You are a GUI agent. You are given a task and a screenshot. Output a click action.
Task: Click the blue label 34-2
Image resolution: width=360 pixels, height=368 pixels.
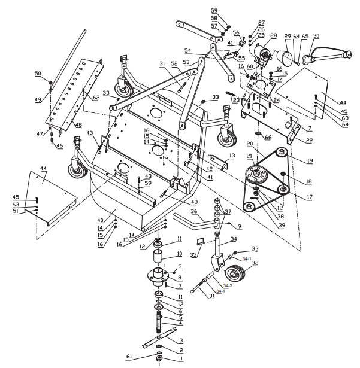pyautogui.click(x=228, y=285)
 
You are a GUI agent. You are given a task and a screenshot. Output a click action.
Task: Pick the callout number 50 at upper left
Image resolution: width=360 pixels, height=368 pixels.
pyautogui.click(x=38, y=74)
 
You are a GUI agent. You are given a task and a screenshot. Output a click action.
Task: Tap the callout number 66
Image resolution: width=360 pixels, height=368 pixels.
pyautogui.click(x=268, y=138)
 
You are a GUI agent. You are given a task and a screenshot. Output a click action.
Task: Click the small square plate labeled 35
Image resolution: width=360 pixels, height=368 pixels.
pyautogui.click(x=202, y=243)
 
